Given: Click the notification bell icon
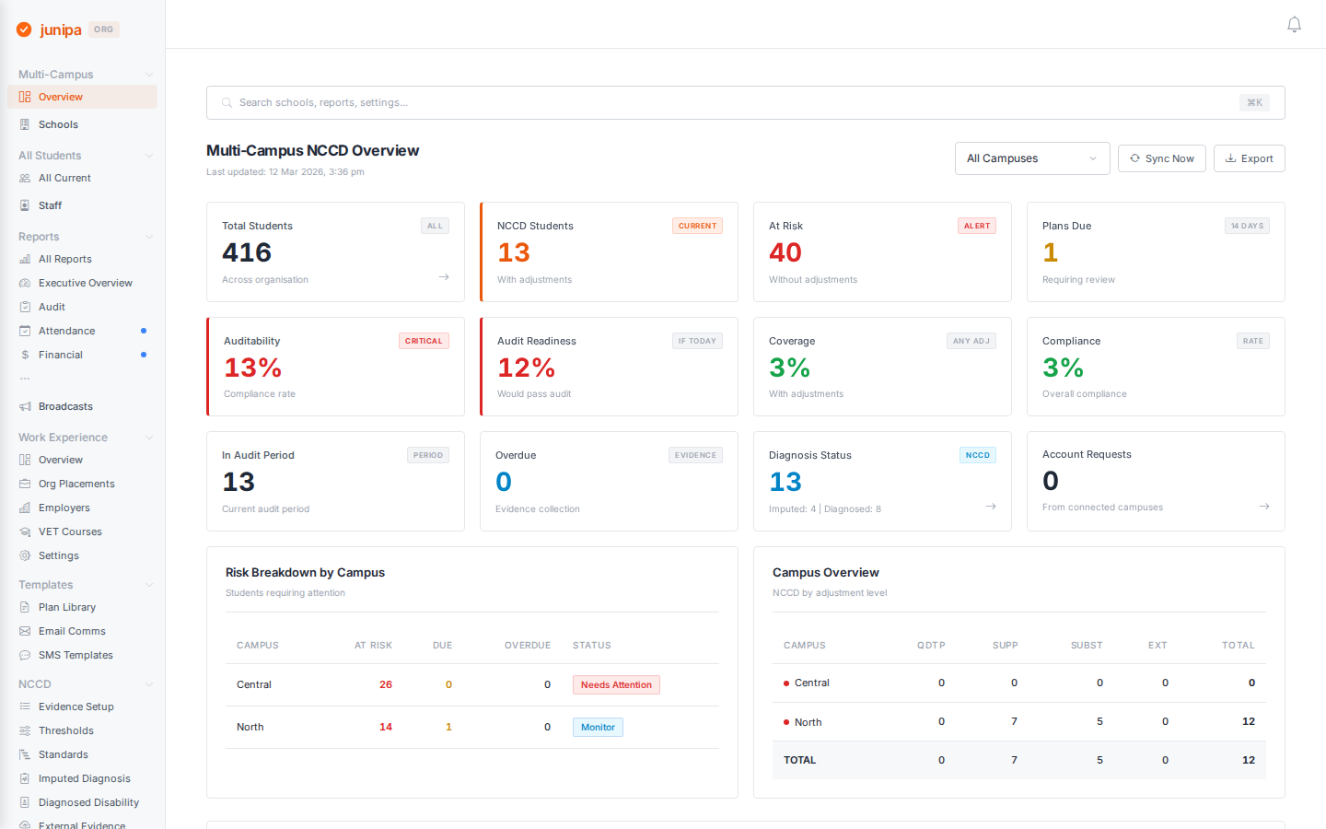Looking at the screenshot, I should click(1294, 25).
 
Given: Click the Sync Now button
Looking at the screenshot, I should click(1161, 158).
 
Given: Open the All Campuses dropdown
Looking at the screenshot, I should click(1031, 158).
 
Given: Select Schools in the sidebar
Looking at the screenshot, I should click(58, 124).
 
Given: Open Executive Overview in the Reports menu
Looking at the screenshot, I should click(85, 283).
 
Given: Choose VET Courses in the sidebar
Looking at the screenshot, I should click(70, 531).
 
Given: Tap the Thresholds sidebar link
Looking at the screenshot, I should click(65, 730).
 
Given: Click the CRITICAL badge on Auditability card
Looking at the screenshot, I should click(424, 341).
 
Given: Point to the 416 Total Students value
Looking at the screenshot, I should click(247, 252).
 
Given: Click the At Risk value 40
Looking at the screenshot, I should click(785, 252).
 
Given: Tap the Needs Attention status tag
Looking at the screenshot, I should click(616, 684).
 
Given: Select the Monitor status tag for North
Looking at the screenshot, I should click(598, 727).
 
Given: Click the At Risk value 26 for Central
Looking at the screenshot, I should click(386, 684).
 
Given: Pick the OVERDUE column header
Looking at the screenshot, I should click(527, 645).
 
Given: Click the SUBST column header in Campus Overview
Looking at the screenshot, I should click(1086, 645).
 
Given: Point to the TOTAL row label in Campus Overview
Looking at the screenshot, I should click(799, 760).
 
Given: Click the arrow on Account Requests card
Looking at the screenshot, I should click(1264, 506).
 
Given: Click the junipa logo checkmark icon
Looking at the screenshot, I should click(24, 29).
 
